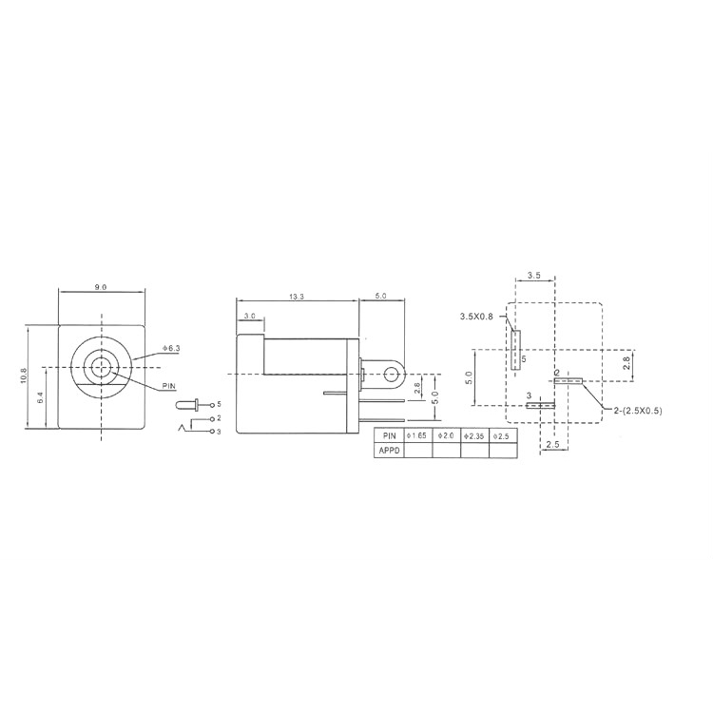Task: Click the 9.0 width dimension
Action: click(x=101, y=286)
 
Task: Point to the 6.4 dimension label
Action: click(x=38, y=399)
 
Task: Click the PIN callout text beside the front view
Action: click(x=169, y=386)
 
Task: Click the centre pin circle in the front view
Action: click(x=101, y=365)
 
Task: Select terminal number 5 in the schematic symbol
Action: click(x=218, y=404)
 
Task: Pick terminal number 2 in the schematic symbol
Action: click(x=218, y=418)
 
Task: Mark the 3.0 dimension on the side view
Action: click(x=249, y=316)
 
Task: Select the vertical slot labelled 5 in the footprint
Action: click(x=516, y=350)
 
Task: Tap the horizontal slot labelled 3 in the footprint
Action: click(x=540, y=405)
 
